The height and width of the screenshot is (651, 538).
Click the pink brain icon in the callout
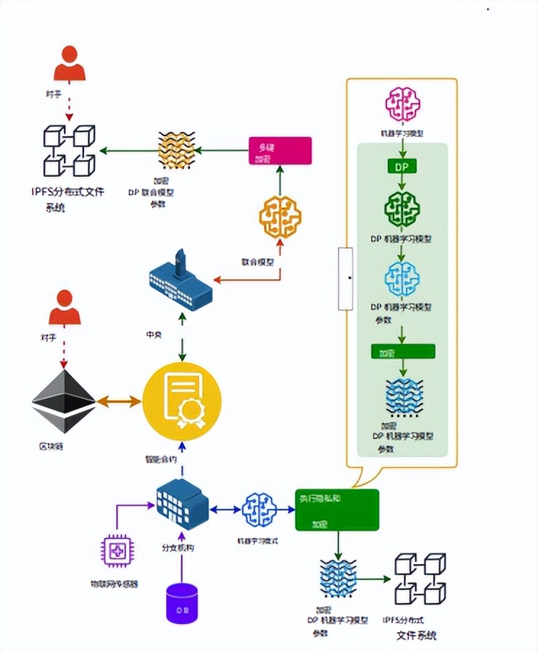pyautogui.click(x=402, y=104)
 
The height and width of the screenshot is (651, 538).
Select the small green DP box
pyautogui.click(x=402, y=167)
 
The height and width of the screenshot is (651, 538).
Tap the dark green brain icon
pyautogui.click(x=402, y=208)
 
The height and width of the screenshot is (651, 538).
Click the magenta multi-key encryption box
pyautogui.click(x=280, y=151)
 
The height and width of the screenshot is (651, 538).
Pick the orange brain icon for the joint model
pyautogui.click(x=281, y=217)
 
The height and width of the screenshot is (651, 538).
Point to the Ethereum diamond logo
pyautogui.click(x=64, y=402)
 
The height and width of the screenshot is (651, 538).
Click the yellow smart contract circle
pyautogui.click(x=181, y=402)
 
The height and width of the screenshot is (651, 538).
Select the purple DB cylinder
pyautogui.click(x=182, y=603)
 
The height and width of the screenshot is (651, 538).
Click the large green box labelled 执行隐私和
pyautogui.click(x=337, y=510)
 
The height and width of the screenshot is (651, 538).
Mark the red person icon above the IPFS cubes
pyautogui.click(x=70, y=64)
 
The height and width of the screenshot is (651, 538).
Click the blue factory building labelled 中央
pyautogui.click(x=180, y=281)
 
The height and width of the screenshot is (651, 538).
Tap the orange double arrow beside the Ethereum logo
pyautogui.click(x=119, y=400)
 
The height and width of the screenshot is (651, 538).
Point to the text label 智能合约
pyautogui.click(x=161, y=460)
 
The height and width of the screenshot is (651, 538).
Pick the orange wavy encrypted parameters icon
pyautogui.click(x=178, y=151)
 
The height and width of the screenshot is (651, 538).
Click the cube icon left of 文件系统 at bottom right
pyautogui.click(x=419, y=579)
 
